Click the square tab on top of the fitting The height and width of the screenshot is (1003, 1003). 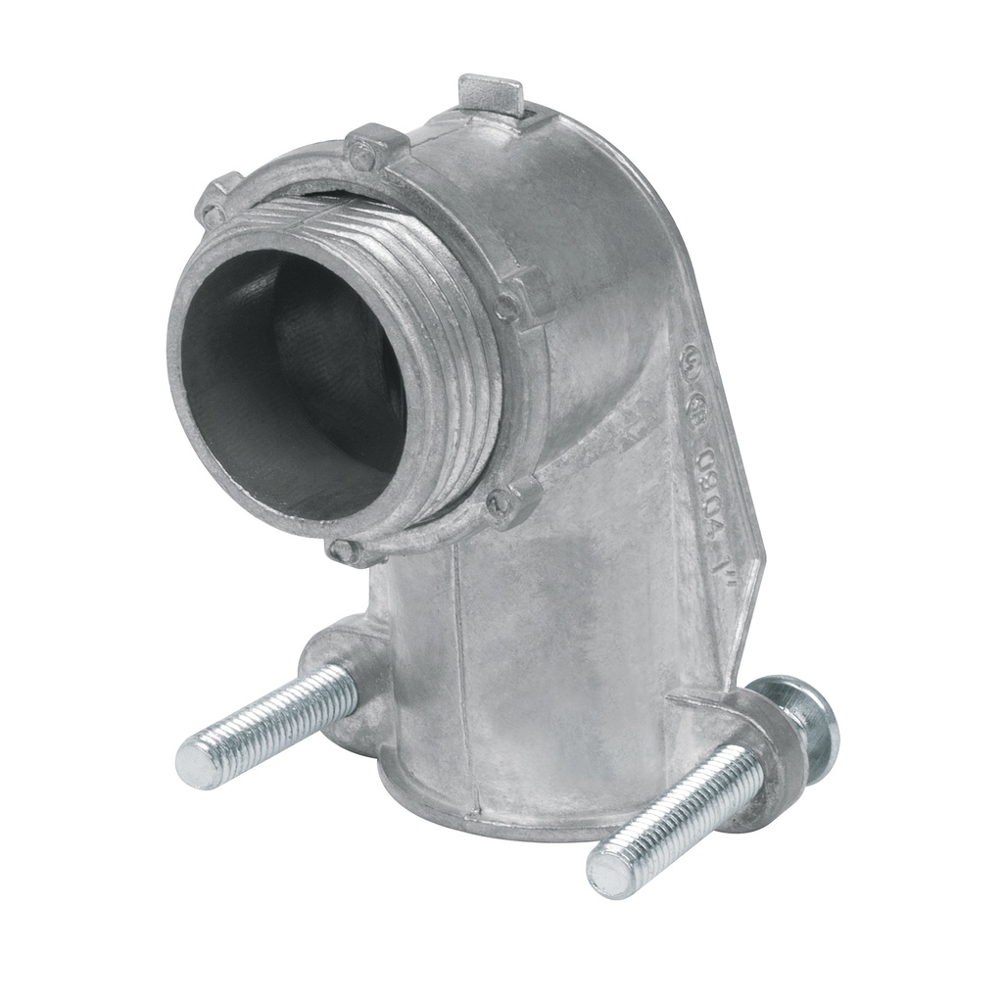(491, 94)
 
